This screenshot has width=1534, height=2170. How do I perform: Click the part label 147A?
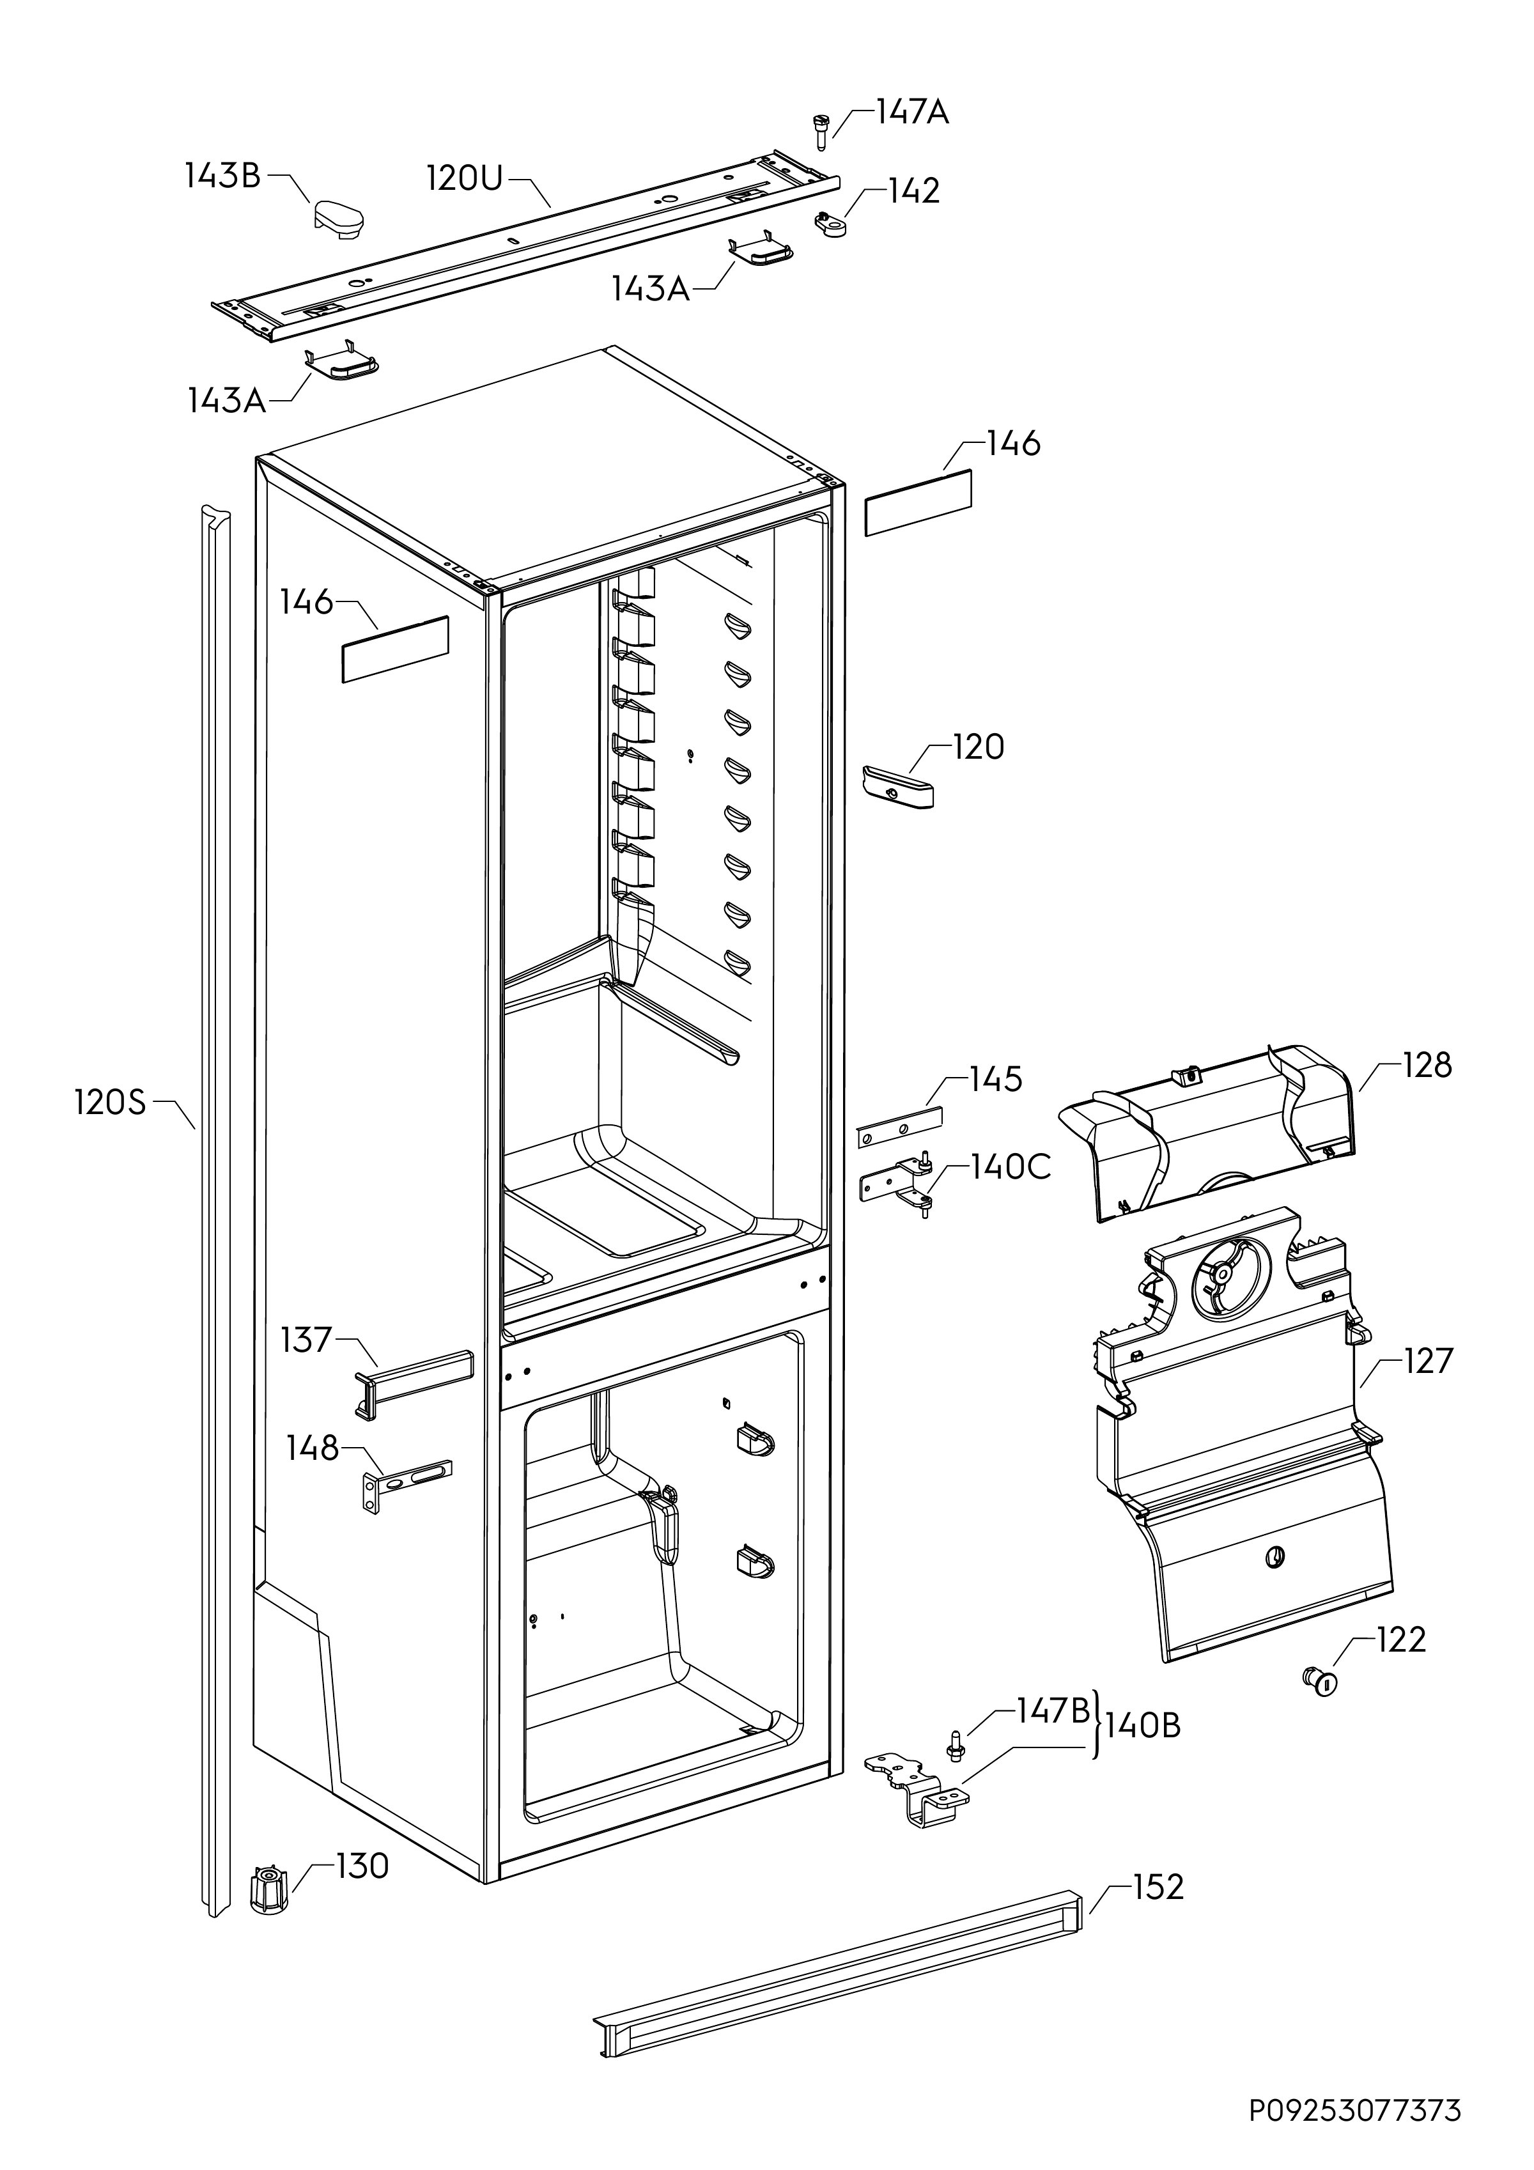click(911, 112)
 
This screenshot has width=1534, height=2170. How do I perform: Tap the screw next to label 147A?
click(821, 130)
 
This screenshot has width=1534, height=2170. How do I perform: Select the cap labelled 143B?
click(337, 219)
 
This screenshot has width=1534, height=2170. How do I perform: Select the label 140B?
click(1143, 1725)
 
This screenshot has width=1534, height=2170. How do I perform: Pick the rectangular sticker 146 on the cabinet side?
click(395, 649)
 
